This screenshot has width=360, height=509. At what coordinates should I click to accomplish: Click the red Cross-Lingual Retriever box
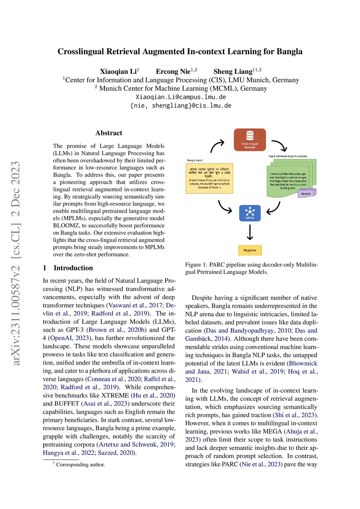coord(250,140)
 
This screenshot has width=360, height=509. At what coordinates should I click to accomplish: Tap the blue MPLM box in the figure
coord(250,213)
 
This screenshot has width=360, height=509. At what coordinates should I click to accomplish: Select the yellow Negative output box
coord(250,250)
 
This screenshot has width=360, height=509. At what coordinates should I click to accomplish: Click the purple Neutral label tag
coord(306,193)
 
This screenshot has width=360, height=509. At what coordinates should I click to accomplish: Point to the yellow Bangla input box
coord(209,178)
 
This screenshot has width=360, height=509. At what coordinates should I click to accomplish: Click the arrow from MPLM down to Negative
coord(250,232)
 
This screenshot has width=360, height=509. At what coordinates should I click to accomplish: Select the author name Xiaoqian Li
coord(118,72)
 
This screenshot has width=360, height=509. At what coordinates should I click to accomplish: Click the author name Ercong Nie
coord(173,72)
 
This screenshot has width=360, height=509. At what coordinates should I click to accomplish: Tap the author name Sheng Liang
coord(233,72)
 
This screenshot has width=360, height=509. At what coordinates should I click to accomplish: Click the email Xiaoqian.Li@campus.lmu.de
coord(181,97)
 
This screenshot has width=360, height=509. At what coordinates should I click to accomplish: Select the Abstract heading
coord(109,133)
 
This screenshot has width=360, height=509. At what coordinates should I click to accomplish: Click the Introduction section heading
coord(73,268)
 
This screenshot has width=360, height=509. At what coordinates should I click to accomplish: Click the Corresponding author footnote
coord(80,465)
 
